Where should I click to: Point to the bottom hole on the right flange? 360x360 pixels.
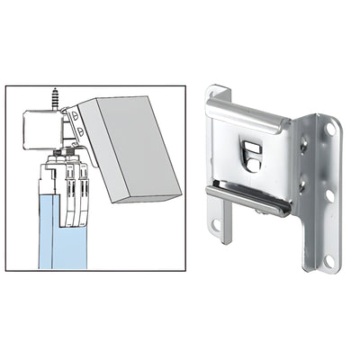tap(330, 260)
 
